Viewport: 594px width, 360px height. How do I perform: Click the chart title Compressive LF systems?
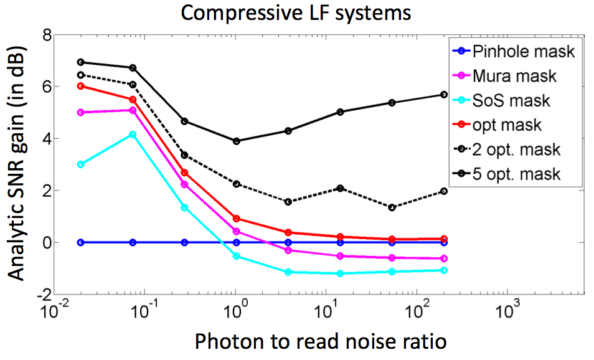[x=296, y=12]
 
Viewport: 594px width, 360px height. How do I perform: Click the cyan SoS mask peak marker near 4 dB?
[x=133, y=135]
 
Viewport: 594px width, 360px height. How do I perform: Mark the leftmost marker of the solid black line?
[x=81, y=62]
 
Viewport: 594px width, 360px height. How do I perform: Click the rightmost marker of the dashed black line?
[x=444, y=191]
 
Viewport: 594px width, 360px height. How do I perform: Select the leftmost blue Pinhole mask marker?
[x=81, y=242]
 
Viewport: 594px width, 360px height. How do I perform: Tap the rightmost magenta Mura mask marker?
[x=444, y=258]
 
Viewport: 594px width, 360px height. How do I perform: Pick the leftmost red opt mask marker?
[x=81, y=86]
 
